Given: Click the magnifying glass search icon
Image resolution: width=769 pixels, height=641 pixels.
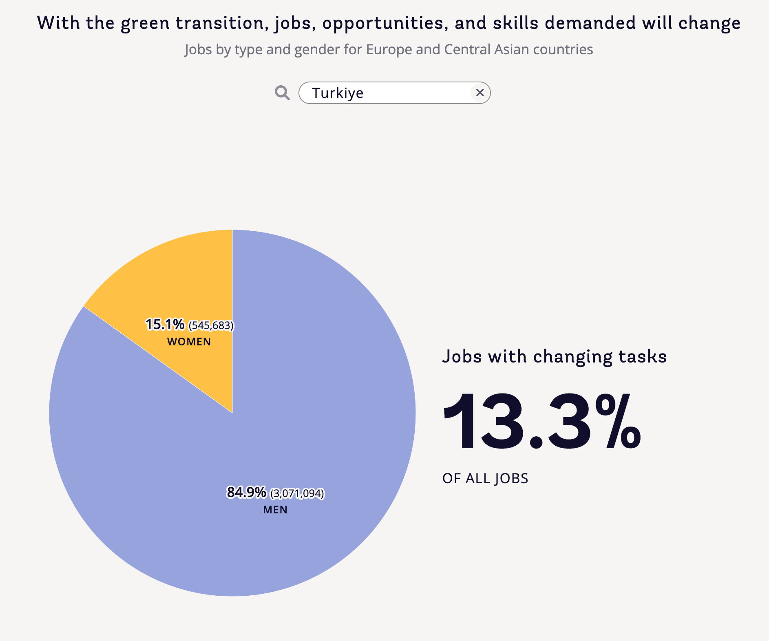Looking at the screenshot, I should (282, 93).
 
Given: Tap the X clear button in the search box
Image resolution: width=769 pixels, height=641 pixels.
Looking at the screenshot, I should (480, 93).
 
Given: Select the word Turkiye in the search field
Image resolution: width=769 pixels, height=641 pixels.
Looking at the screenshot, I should (338, 93).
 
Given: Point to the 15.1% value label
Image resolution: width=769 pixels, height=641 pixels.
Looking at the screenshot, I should (165, 325).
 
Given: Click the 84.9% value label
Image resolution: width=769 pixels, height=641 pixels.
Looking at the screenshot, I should (246, 493).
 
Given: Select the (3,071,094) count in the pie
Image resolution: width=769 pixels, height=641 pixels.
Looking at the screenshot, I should (297, 494).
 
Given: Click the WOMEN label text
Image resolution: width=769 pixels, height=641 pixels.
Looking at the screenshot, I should (189, 342).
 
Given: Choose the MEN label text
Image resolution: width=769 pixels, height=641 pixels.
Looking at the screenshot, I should (275, 510).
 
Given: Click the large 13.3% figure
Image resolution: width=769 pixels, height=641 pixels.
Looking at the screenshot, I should (541, 422).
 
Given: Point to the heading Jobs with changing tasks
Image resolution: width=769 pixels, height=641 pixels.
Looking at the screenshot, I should (554, 356).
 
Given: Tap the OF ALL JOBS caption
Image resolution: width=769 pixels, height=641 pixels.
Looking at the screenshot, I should (485, 478).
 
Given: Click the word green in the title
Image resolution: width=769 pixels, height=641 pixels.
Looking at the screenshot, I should (145, 23).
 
